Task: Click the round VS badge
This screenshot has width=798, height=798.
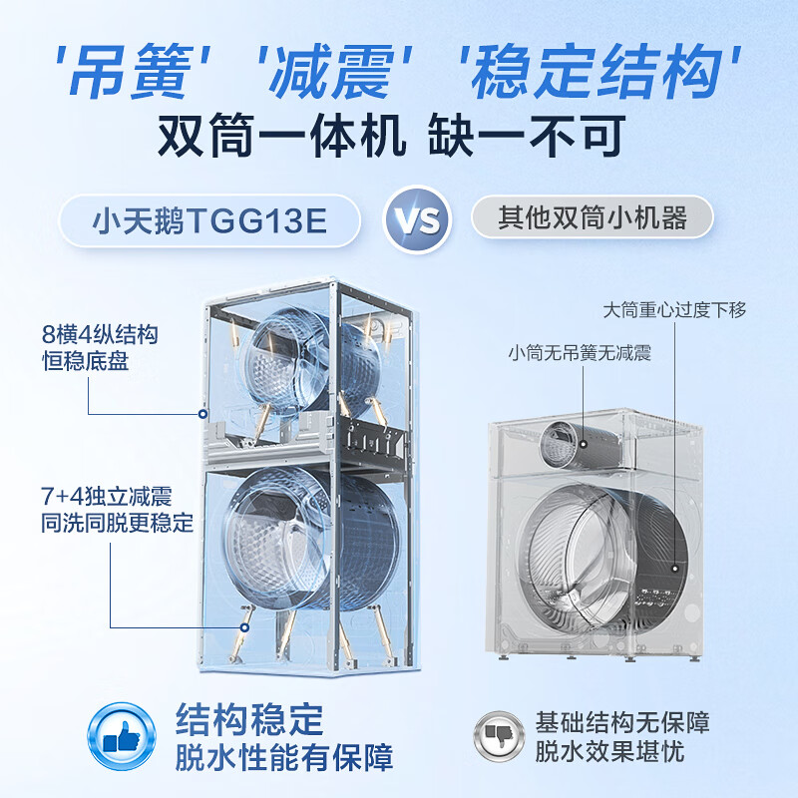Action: point(417,217)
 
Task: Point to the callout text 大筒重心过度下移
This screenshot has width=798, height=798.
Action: point(673,309)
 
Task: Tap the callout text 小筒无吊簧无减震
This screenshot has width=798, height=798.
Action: point(580,352)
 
